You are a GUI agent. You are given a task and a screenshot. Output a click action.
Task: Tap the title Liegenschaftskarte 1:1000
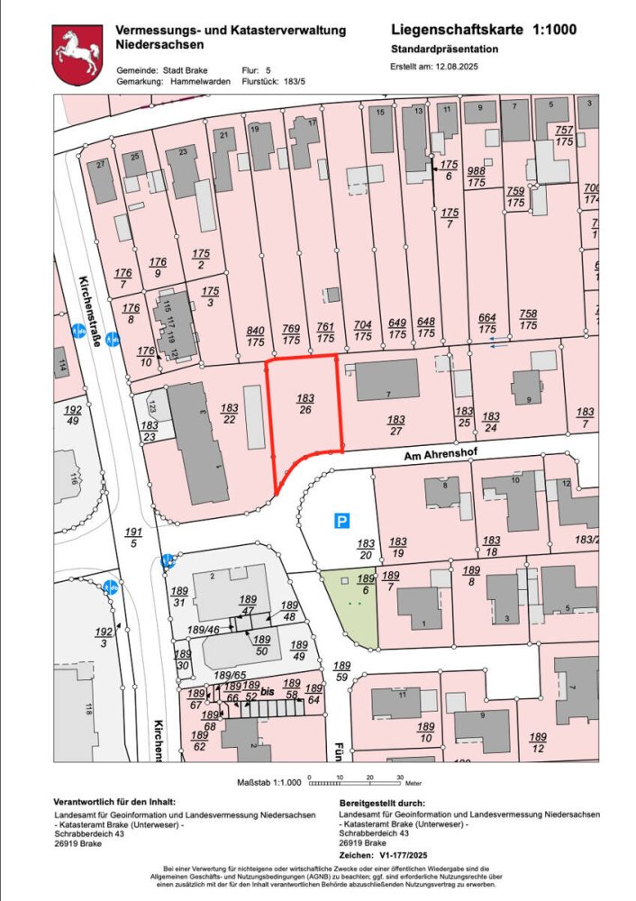484,29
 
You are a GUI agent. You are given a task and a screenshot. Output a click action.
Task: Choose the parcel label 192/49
73,414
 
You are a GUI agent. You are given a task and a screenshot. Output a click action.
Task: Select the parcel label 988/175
476,177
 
